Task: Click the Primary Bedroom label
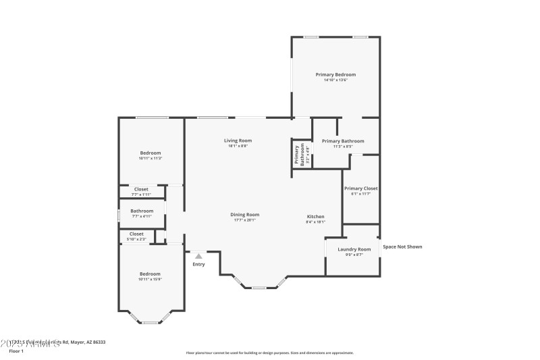(335, 74)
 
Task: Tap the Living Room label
(238, 140)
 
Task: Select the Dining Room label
(246, 214)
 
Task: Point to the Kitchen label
(316, 216)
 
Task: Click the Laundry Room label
(354, 249)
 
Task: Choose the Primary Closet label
(360, 188)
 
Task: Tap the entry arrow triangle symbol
(198, 256)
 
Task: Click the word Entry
(198, 264)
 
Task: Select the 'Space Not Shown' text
(402, 247)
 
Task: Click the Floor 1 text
(16, 351)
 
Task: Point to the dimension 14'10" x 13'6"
(335, 80)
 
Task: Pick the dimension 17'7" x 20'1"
(246, 220)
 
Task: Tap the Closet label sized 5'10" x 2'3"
(136, 234)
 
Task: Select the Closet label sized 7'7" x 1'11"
(141, 189)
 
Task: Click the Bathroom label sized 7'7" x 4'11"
(142, 211)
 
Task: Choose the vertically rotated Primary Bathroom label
(297, 155)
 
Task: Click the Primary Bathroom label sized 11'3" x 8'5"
(343, 141)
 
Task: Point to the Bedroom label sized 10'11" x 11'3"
(151, 153)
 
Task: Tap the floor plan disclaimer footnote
(269, 353)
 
